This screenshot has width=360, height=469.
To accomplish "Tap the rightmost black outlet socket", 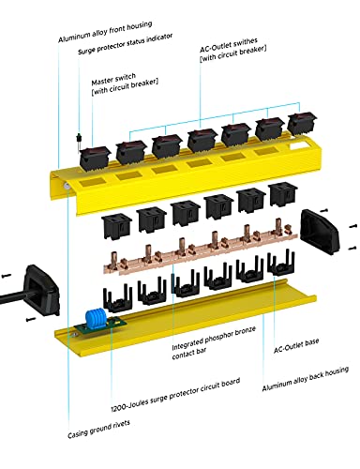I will [x=280, y=196].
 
